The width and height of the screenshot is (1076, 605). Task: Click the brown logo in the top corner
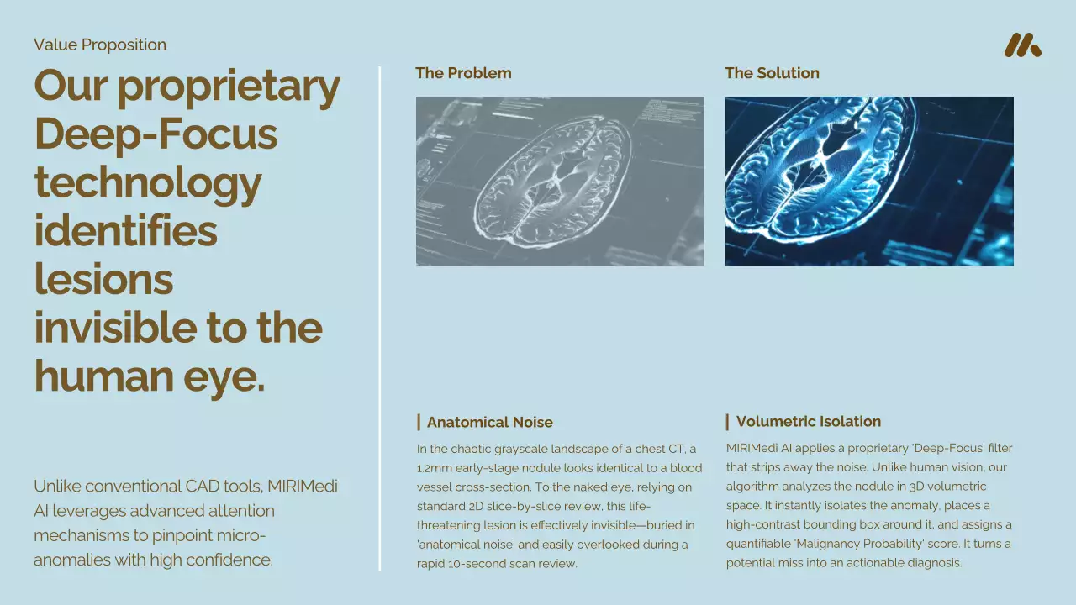tap(1023, 45)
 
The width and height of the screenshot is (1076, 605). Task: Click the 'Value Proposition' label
tap(100, 45)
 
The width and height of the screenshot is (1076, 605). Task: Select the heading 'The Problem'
tap(463, 73)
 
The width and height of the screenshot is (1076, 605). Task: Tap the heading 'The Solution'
tap(772, 73)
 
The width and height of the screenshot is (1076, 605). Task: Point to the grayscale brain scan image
tap(560, 181)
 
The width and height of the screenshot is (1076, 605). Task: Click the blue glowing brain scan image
tap(869, 181)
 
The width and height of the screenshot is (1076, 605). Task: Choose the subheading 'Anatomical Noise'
tap(489, 422)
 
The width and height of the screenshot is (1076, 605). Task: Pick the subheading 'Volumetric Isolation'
tap(809, 422)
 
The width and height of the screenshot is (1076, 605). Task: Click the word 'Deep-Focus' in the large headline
tap(156, 135)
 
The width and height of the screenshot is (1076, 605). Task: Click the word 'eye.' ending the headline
tap(224, 378)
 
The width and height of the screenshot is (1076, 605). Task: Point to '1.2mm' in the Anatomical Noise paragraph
tap(435, 468)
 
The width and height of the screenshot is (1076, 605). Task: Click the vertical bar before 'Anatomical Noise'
tap(419, 422)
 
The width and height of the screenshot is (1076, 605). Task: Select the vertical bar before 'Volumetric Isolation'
tap(727, 422)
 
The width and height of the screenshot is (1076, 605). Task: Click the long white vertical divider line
tap(379, 318)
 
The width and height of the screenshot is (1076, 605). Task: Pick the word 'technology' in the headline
tap(148, 184)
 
